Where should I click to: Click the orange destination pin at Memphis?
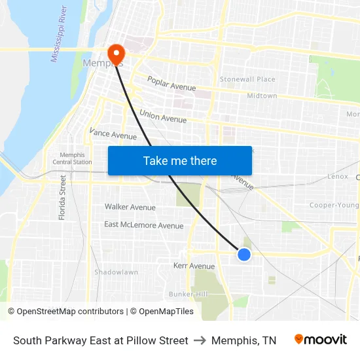tap(116, 54)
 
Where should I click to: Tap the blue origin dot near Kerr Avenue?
tap(243, 255)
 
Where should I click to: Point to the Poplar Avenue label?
tap(171, 84)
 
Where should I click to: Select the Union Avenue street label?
tap(163, 117)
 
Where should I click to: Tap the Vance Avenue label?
tap(113, 134)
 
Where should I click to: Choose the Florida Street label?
tap(63, 197)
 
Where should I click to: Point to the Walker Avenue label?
tap(130, 207)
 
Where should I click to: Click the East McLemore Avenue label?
tap(144, 225)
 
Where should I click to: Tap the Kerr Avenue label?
tap(194, 266)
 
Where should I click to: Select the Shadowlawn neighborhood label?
tap(116, 272)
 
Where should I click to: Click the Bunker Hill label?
tap(188, 294)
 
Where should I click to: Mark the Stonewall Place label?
tap(247, 79)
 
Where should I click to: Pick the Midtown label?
tap(262, 96)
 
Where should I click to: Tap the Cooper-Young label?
tap(334, 205)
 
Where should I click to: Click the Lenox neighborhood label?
tap(338, 177)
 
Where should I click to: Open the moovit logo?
tap(321, 340)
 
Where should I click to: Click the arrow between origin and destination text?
tap(200, 340)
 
